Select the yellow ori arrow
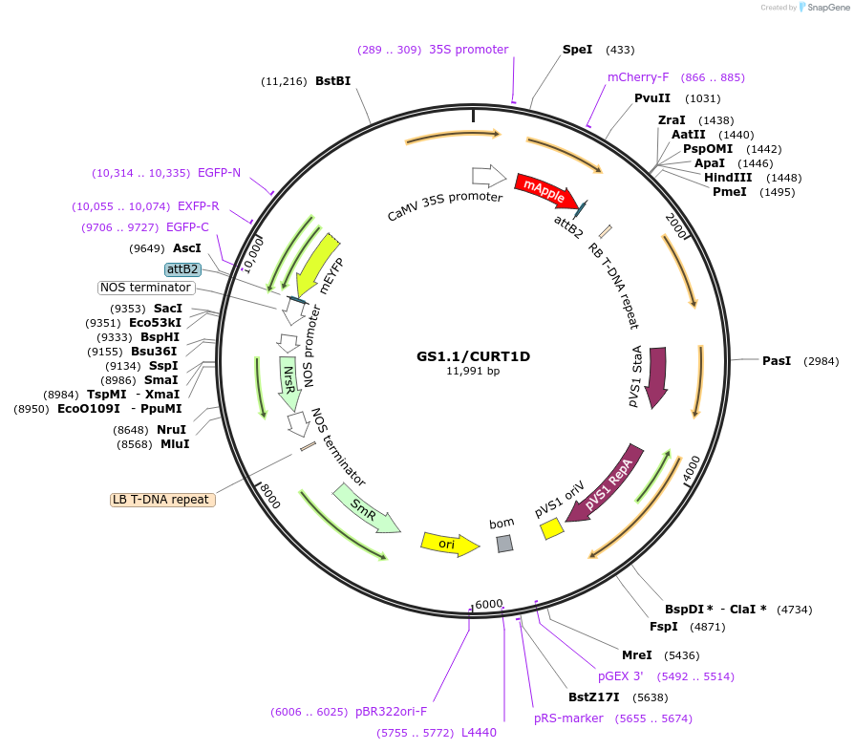point(449,544)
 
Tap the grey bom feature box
point(504,544)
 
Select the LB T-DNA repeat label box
point(162,499)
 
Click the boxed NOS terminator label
point(146,288)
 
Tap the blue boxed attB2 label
point(182,269)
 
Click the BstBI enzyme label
point(333,81)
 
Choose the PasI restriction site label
point(777,360)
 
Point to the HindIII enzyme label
point(728,177)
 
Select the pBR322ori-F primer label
point(392,712)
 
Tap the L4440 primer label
point(479,732)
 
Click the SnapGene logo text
point(828,7)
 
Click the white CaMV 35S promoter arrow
point(488,176)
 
